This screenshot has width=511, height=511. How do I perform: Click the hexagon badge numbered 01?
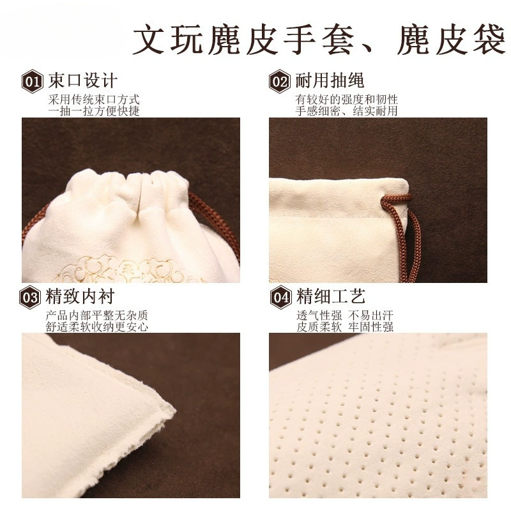(33, 82)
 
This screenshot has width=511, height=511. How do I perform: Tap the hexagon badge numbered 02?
(280, 82)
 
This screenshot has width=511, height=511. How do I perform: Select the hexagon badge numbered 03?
(30, 297)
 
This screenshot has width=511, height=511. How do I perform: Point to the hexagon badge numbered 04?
(280, 297)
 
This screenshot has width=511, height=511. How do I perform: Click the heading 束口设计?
(83, 80)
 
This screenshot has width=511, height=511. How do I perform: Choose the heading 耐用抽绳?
(330, 80)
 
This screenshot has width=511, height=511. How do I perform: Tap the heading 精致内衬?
(80, 296)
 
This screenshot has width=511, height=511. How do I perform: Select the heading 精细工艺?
(330, 296)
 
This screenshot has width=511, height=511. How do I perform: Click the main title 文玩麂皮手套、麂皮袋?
(319, 40)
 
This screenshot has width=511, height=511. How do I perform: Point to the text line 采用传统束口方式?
(94, 100)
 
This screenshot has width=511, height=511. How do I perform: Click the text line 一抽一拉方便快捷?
(94, 111)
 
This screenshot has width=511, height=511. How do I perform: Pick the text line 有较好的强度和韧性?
(346, 100)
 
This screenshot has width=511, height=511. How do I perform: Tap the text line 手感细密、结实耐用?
(346, 111)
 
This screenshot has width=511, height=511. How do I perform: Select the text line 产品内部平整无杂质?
(97, 315)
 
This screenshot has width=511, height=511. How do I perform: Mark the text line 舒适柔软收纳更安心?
(97, 327)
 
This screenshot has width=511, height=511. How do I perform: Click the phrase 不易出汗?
(371, 315)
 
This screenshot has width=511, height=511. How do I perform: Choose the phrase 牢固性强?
(371, 327)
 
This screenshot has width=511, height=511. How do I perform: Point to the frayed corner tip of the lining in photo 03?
(174, 411)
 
